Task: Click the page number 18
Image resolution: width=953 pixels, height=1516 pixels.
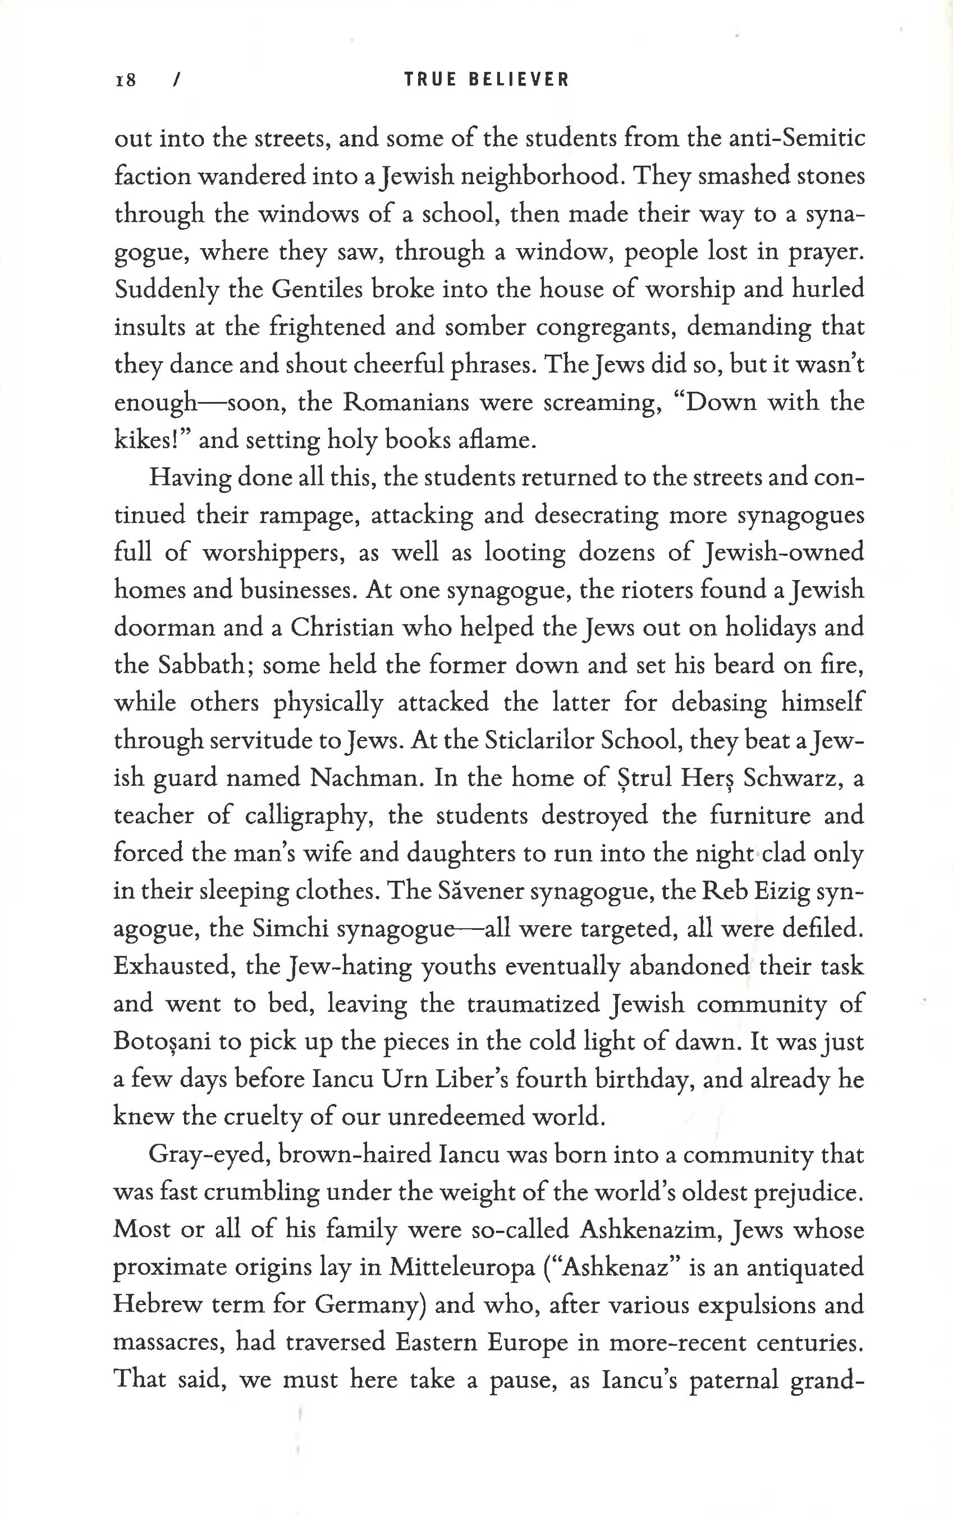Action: pos(126,80)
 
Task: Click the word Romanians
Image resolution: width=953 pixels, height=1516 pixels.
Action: pos(405,402)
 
